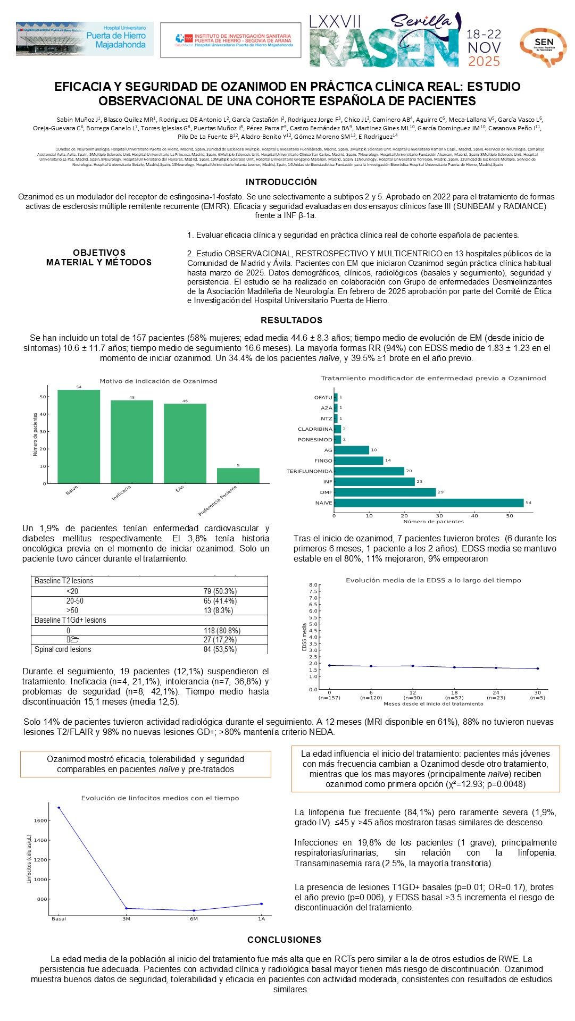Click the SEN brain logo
543,46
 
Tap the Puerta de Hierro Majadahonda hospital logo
85,38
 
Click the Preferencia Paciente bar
238,475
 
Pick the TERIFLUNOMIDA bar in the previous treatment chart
369,471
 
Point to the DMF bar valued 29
385,492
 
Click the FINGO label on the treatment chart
323,461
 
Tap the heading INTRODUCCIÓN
281,182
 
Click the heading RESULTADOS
291,320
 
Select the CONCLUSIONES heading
284,940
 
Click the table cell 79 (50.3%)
220,591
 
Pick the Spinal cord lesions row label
63,649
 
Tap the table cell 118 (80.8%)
222,631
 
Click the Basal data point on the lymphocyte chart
59,808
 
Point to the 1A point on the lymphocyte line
261,903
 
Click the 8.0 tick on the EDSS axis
313,585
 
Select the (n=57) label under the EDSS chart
454,698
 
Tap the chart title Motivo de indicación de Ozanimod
159,381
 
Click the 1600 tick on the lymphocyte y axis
40,821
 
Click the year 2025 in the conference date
484,62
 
